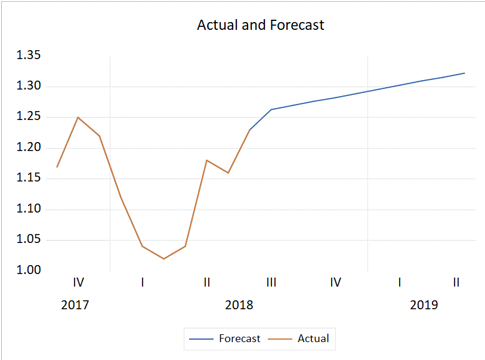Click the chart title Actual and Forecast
(261, 25)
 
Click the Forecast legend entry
(239, 339)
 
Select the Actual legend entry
(313, 339)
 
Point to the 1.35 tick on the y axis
(28, 56)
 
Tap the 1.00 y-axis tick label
(28, 270)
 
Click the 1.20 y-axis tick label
(28, 147)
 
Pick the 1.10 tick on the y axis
(28, 209)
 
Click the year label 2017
(75, 305)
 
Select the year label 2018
(239, 305)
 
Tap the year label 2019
(424, 305)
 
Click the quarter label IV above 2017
(78, 282)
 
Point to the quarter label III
(271, 282)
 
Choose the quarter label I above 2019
(400, 282)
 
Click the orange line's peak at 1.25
(78, 117)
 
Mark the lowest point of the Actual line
(163, 259)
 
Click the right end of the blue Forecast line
(464, 73)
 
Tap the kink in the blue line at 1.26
(271, 109)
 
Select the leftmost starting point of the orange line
(57, 167)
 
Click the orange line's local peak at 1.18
(206, 160)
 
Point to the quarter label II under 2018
(206, 282)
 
